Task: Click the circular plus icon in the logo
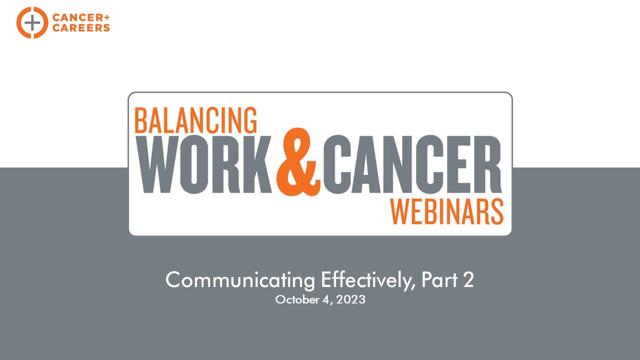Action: point(32,22)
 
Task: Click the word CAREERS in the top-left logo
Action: point(81,27)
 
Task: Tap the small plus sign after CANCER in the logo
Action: point(107,17)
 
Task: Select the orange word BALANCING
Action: point(195,120)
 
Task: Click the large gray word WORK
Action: point(204,164)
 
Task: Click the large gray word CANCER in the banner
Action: point(412,164)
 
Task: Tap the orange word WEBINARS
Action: point(447,211)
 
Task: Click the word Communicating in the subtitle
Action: point(240,280)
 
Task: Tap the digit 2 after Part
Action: point(468,279)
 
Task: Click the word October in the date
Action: point(297,299)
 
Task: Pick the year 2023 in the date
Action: point(350,299)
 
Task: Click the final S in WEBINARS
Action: point(497,211)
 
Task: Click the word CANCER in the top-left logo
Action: point(77,17)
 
